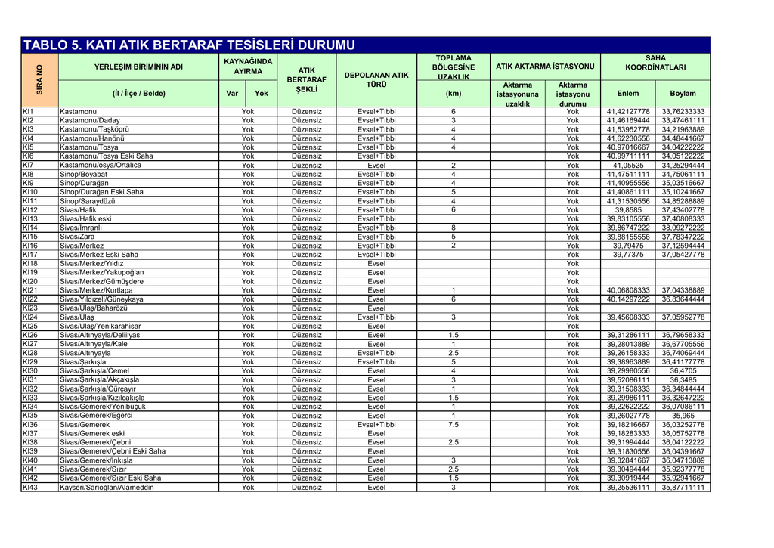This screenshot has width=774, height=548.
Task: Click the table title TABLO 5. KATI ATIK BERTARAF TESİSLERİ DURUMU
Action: tap(188, 45)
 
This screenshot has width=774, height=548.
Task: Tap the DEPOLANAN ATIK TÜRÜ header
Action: tap(376, 80)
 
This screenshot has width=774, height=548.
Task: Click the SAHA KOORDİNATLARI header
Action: tap(655, 62)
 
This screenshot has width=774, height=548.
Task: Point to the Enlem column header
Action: tap(628, 94)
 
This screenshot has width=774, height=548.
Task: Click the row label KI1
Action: tap(28, 112)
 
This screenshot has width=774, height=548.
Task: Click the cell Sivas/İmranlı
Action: tap(81, 228)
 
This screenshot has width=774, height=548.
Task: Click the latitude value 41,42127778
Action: tap(628, 112)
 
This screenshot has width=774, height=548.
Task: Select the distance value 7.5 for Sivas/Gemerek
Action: tap(453, 425)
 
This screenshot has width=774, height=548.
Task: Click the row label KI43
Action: tap(30, 488)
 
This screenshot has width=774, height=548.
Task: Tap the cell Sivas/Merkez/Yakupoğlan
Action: tap(101, 273)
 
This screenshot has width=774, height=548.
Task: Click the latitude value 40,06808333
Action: tap(628, 290)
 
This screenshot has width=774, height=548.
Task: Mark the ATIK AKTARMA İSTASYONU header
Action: tap(544, 67)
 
